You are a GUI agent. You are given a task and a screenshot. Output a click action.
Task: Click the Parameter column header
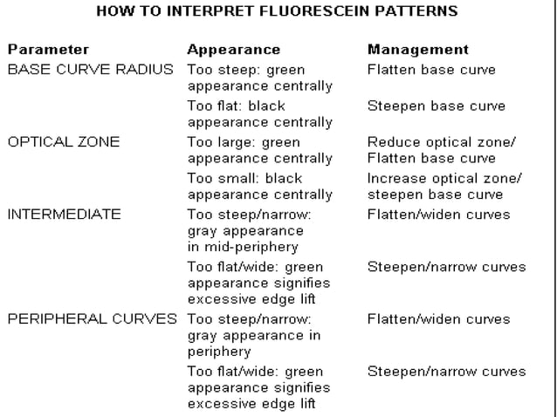48,50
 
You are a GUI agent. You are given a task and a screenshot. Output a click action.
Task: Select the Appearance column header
234,50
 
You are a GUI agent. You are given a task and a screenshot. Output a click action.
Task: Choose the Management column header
418,50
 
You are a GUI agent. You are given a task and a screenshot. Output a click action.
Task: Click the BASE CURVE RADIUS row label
91,69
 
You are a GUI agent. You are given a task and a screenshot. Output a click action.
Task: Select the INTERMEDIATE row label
64,214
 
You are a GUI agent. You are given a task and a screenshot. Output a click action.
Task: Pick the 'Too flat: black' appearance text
241,106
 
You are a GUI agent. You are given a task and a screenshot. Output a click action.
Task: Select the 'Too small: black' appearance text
244,178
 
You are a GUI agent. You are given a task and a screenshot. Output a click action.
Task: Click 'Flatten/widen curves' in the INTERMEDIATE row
438,214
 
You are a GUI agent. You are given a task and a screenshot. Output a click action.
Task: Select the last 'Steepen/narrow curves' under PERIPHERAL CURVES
446,372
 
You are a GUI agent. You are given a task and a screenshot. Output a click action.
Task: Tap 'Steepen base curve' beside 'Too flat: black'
437,106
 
